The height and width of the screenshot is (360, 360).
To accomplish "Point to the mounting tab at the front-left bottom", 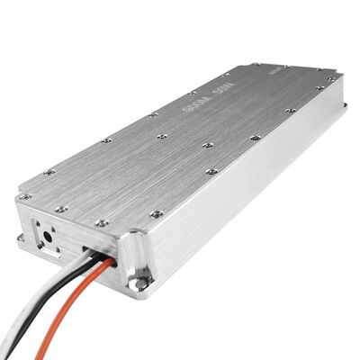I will [21, 238].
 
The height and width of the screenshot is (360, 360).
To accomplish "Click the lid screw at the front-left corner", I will [26, 195].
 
